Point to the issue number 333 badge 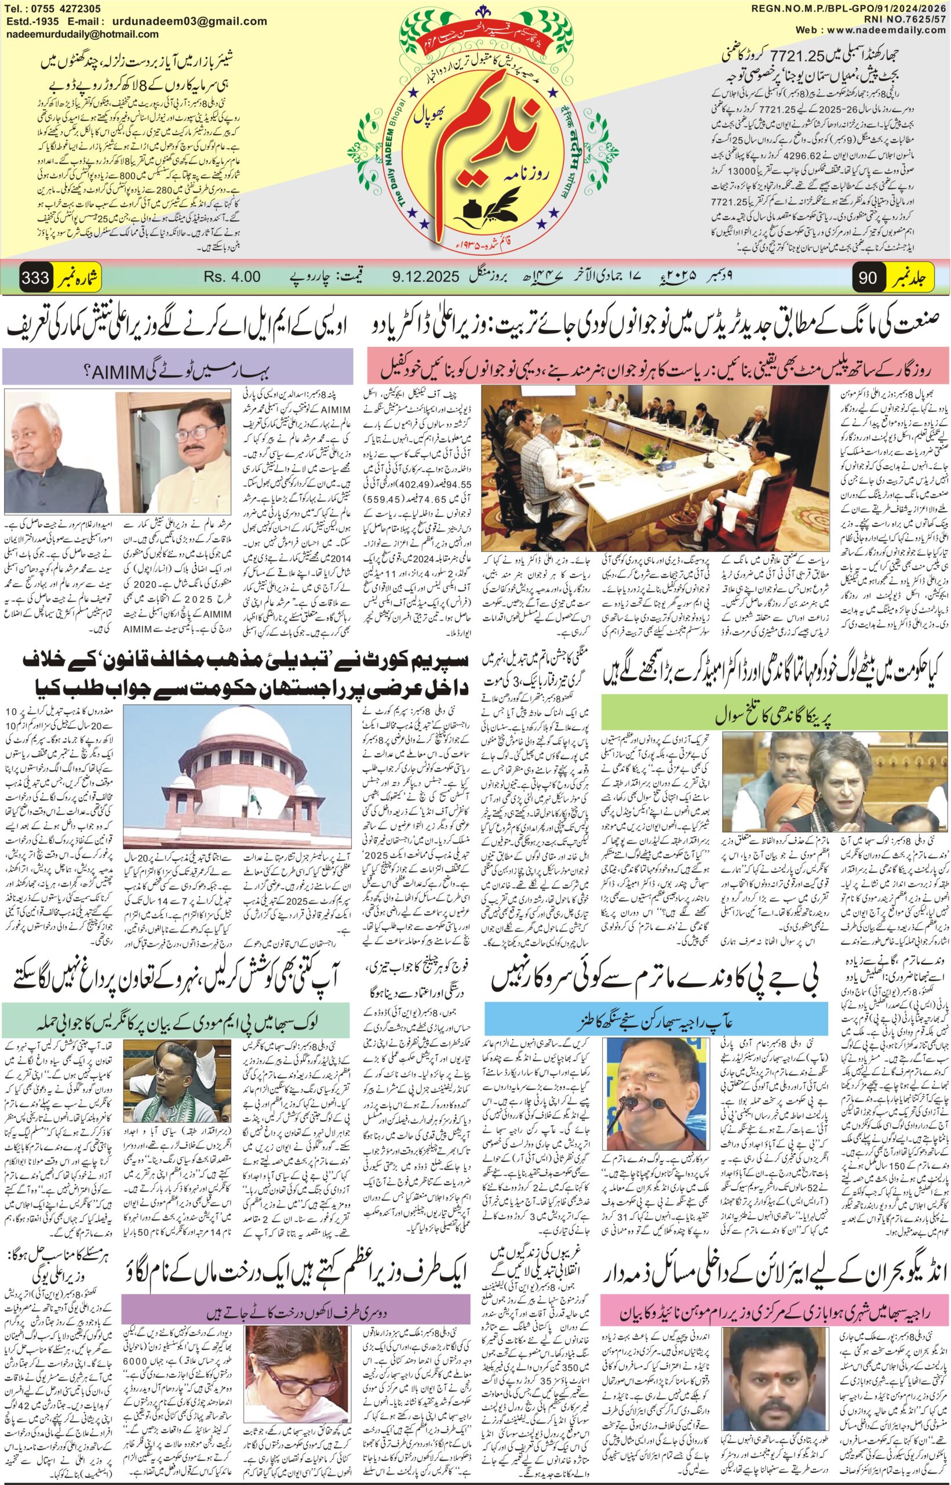click(x=35, y=277)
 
